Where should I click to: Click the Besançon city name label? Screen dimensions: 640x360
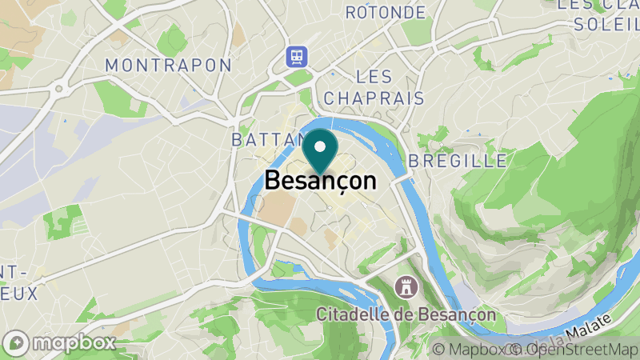tap(320, 181)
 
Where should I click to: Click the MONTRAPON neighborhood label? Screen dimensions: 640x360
tap(168, 65)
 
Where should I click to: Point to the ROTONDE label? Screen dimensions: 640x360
tap(386, 13)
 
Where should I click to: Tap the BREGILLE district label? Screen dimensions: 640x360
tap(458, 161)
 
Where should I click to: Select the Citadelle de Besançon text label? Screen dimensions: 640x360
tap(406, 314)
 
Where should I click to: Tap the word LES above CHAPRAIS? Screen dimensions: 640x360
tap(374, 77)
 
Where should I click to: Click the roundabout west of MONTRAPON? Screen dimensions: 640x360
tap(58, 90)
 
